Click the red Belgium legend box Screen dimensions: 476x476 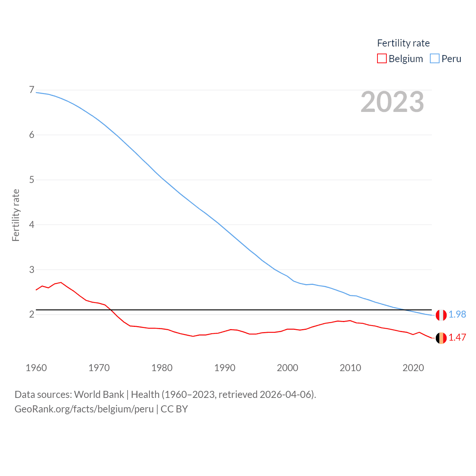tap(382, 59)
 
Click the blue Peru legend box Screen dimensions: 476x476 tap(434, 59)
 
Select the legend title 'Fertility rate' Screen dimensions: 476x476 tap(403, 43)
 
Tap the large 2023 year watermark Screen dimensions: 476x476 tap(392, 102)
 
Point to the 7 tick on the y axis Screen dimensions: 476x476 tap(32, 90)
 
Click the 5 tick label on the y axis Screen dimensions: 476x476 tap(32, 180)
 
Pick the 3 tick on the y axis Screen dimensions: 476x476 tap(32, 270)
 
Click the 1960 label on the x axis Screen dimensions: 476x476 tap(36, 368)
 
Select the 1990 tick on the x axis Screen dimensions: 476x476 tap(225, 368)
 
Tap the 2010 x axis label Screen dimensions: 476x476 tap(350, 368)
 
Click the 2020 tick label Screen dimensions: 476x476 tap(413, 368)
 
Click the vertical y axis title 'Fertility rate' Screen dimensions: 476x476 tap(16, 215)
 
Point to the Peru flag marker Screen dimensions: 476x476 tap(441, 315)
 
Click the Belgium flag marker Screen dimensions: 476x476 tap(441, 338)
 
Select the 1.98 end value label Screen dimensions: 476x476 tap(457, 315)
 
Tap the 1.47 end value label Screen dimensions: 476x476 tap(457, 338)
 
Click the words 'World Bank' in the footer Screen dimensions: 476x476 tap(99, 394)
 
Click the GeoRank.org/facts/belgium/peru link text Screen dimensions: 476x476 tap(84, 409)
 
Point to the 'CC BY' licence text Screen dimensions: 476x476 tap(174, 409)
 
